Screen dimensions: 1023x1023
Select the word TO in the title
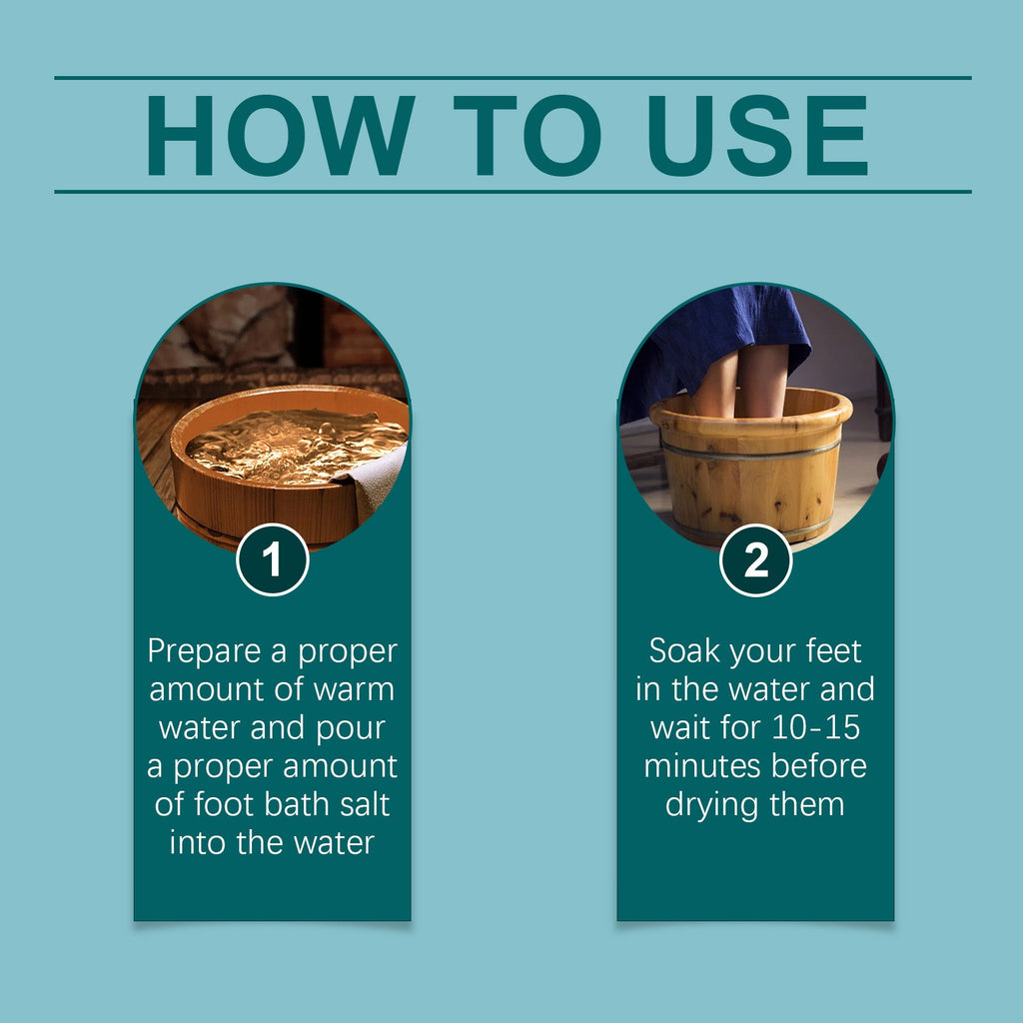(521, 135)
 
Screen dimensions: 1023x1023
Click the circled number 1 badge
(272, 560)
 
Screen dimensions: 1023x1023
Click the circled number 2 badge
(756, 560)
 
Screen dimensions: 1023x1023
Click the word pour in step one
(348, 728)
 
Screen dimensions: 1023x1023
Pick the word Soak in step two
(685, 651)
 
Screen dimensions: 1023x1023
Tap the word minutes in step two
(697, 766)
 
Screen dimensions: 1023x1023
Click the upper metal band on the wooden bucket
(749, 449)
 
